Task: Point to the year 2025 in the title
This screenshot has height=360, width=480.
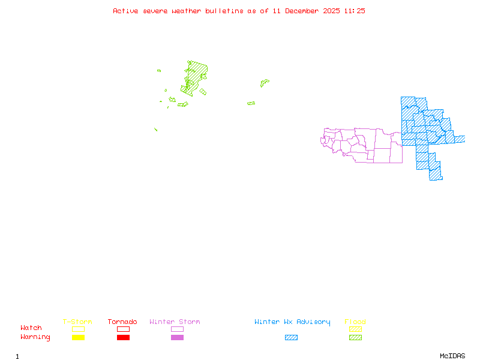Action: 331,11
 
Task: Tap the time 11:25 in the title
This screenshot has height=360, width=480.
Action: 355,11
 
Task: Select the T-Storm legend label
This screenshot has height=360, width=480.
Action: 77,322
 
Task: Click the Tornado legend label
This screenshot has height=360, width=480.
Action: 122,322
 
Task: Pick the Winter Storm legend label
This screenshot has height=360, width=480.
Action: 175,322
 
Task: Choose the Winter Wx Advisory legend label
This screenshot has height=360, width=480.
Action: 292,322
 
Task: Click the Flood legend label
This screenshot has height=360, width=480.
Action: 355,322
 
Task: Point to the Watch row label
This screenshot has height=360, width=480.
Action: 31,328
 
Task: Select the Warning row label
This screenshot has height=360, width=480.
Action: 35,337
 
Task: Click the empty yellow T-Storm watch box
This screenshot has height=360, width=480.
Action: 78,329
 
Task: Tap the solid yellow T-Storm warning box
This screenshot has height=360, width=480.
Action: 78,338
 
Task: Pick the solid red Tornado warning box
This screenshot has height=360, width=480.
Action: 123,338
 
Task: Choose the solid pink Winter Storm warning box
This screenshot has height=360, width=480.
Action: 177,338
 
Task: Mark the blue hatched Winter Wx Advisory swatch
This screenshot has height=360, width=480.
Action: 291,338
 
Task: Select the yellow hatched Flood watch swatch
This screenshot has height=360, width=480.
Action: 355,329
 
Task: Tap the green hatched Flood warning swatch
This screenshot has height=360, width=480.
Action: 355,338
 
